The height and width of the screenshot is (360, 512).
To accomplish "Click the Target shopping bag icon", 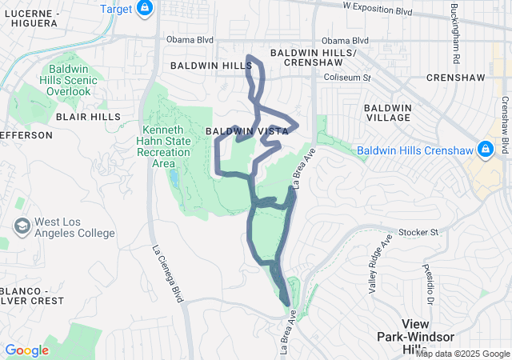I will click(144, 9).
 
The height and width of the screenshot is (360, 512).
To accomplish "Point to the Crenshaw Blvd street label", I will click(505, 125).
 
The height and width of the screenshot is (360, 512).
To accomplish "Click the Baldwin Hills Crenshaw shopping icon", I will click(484, 150).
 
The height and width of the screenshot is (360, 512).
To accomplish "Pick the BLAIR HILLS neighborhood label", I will click(76, 115).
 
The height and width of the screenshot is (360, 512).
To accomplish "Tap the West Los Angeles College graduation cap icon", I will click(22, 226).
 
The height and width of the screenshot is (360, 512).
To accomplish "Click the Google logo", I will click(26, 350).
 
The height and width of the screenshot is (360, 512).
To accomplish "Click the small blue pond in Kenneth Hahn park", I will click(174, 176).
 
